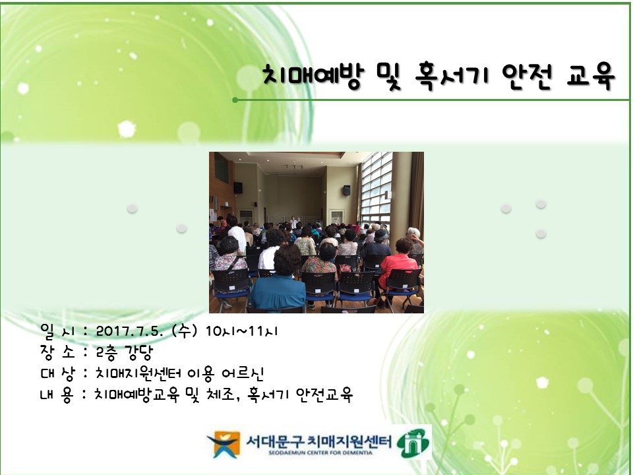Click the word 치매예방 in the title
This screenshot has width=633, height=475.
click(x=313, y=76)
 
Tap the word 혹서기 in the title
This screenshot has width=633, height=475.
click(x=451, y=76)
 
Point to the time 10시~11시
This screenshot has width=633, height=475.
click(x=241, y=331)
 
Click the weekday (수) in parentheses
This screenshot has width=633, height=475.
click(x=185, y=331)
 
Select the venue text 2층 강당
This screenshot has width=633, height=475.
click(x=125, y=352)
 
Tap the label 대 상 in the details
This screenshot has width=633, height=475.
click(x=58, y=373)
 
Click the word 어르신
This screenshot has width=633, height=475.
click(x=243, y=373)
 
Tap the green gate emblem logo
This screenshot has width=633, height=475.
click(x=413, y=443)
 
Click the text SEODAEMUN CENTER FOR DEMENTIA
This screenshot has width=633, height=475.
click(x=320, y=453)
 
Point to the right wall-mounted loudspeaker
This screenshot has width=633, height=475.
click(x=346, y=190)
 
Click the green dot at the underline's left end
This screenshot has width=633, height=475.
click(x=235, y=100)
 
